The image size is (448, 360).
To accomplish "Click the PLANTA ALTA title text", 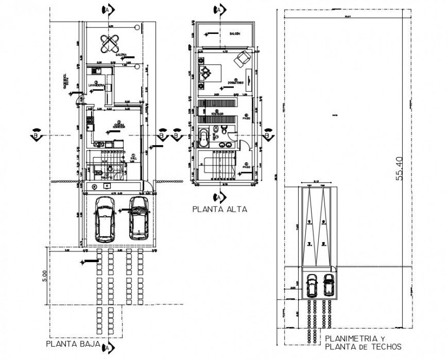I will tap(219, 210).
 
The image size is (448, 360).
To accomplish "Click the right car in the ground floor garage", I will tap(139, 217).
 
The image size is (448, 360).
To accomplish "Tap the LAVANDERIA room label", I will tap(97, 85).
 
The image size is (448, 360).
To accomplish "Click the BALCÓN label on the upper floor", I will tap(235, 33).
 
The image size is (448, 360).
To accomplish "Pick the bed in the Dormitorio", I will tap(209, 72).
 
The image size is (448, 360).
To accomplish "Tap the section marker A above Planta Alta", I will tap(219, 9).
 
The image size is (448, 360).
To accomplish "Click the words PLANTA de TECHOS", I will tap(363, 347).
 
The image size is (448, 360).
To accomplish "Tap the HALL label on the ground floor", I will tap(133, 159).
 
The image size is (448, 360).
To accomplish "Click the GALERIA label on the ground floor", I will tap(121, 54).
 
